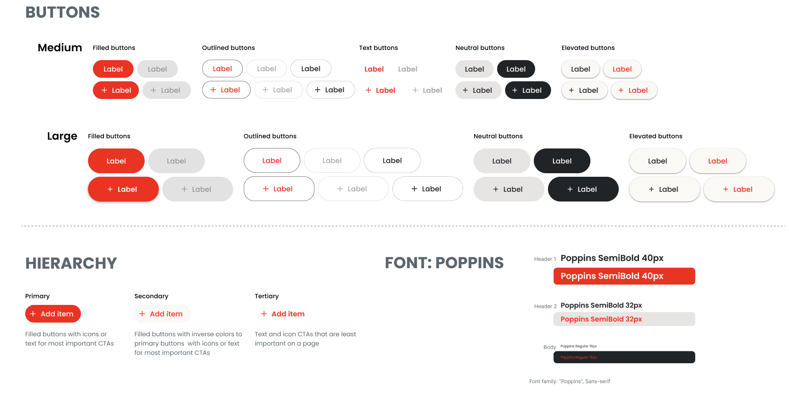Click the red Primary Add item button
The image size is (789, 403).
click(53, 314)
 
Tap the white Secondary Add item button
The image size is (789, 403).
click(162, 314)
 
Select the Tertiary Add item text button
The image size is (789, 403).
click(283, 314)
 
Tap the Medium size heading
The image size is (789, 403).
click(60, 48)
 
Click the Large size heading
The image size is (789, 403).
click(62, 136)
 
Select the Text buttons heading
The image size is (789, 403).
click(378, 48)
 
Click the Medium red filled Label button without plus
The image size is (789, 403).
click(113, 69)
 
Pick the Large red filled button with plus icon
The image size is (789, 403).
click(123, 189)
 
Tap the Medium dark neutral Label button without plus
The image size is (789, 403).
click(516, 69)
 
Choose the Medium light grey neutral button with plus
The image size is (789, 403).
click(478, 90)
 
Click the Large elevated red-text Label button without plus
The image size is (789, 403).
click(717, 161)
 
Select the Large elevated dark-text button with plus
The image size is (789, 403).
click(664, 189)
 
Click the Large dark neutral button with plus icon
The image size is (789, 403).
click(583, 189)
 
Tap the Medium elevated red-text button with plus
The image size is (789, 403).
click(634, 90)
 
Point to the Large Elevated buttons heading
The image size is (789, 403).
click(655, 136)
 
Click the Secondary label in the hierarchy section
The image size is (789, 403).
click(151, 296)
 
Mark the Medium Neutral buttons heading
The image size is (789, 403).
click(480, 48)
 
